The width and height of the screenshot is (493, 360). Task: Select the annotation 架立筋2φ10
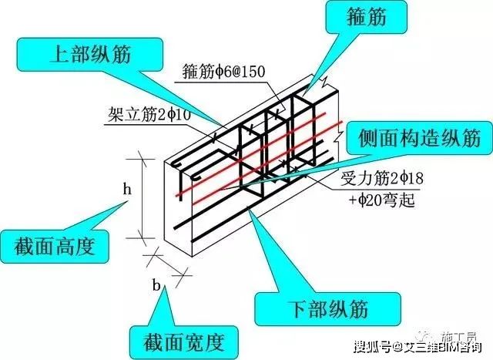click(147, 117)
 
